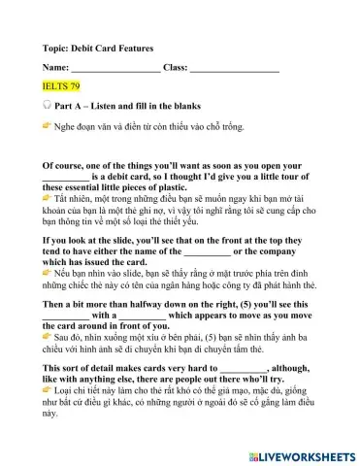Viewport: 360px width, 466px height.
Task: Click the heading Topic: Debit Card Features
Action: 98,48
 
